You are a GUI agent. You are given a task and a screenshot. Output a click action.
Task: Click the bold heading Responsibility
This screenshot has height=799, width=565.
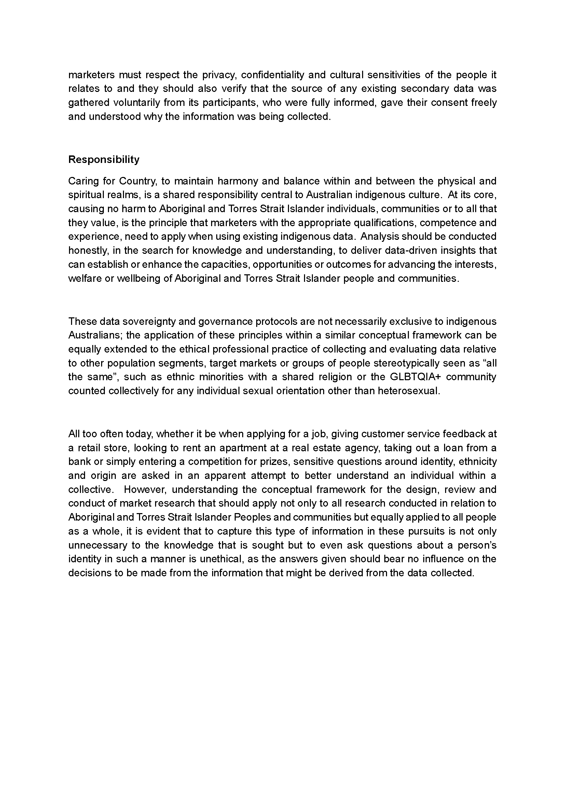tap(104, 160)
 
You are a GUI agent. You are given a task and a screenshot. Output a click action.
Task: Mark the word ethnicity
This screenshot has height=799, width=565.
tap(478, 462)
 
